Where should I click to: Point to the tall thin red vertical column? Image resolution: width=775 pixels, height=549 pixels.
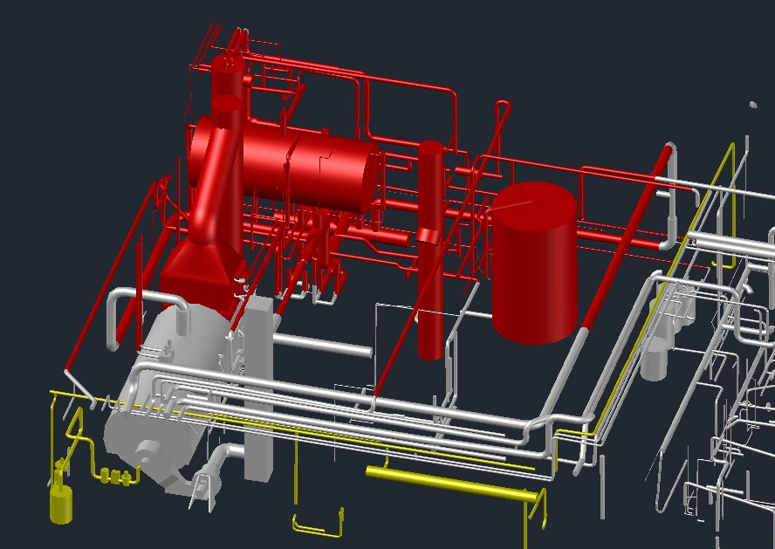coord(429,288)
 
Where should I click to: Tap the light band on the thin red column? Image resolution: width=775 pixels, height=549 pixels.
coord(429,234)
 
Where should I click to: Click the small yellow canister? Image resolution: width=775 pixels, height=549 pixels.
coord(61,504)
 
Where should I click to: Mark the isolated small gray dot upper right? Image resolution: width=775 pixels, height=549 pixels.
coord(752,105)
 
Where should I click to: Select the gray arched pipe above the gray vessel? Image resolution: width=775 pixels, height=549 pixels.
coord(144,299)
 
